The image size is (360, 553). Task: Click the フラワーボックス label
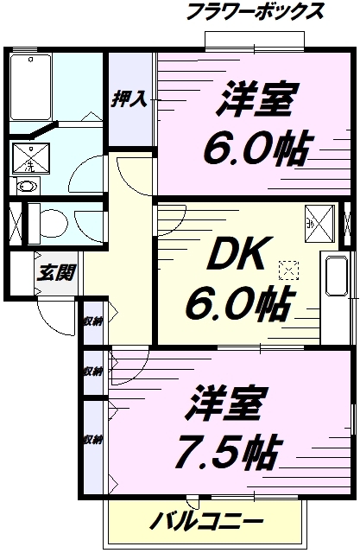(256, 12)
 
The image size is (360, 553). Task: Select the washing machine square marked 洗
(29, 156)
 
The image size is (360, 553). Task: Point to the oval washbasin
(28, 186)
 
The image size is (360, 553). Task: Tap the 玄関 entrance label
(55, 272)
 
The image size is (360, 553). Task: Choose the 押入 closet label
(129, 99)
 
